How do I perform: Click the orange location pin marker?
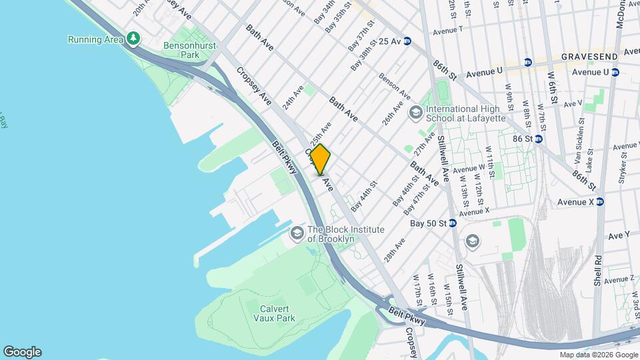(x=320, y=159)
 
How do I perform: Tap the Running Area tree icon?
(x=134, y=39)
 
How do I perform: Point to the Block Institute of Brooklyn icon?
(x=297, y=233)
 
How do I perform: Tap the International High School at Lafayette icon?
(x=416, y=113)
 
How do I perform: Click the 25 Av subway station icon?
(x=407, y=41)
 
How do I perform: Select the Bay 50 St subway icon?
(x=452, y=223)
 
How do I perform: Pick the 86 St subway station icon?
(x=538, y=139)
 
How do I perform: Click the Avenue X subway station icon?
(x=599, y=202)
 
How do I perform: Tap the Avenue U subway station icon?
(x=615, y=72)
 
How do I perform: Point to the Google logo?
(x=22, y=352)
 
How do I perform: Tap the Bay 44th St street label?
(x=365, y=193)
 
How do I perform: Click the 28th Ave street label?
(x=395, y=249)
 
